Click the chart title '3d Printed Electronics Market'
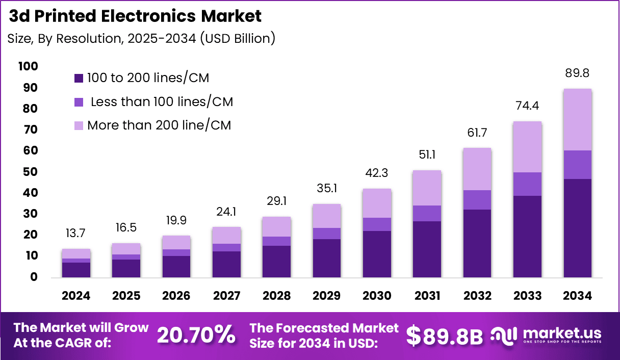pyautogui.click(x=136, y=16)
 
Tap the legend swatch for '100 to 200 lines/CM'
pyautogui.click(x=79, y=78)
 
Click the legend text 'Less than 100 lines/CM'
pyautogui.click(x=161, y=102)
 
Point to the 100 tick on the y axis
pyautogui.click(x=28, y=66)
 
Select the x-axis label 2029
pyautogui.click(x=327, y=296)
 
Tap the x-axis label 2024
pyautogui.click(x=76, y=296)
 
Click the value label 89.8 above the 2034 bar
pyautogui.click(x=577, y=73)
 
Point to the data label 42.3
pyautogui.click(x=377, y=173)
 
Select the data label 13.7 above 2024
pyautogui.click(x=76, y=233)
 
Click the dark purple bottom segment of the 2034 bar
pyautogui.click(x=577, y=228)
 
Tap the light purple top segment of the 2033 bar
pyautogui.click(x=527, y=147)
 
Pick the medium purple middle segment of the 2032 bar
pyautogui.click(x=477, y=200)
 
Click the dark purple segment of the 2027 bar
pyautogui.click(x=226, y=264)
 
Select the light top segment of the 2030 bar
pyautogui.click(x=377, y=203)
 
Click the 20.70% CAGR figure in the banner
pyautogui.click(x=196, y=335)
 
